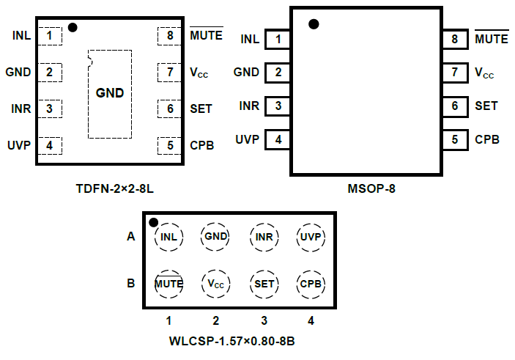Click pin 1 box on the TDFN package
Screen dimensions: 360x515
coord(50,35)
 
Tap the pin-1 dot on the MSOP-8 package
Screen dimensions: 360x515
coord(314,24)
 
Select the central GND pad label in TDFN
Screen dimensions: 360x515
coord(110,93)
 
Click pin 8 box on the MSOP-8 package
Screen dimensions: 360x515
coord(455,40)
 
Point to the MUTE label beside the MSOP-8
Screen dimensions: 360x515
coord(492,40)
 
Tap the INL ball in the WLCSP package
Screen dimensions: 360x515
coord(169,237)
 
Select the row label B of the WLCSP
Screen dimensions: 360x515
coord(131,283)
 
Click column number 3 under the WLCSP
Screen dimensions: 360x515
coord(264,320)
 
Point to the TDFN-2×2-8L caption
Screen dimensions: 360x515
coord(115,188)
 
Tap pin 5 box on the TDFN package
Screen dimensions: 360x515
coord(170,145)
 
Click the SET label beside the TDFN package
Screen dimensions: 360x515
coord(201,109)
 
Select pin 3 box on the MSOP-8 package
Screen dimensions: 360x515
coord(278,106)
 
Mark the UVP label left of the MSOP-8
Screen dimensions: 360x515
coord(247,139)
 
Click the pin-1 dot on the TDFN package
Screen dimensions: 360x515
coord(72,28)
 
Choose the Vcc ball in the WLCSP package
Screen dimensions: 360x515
coord(216,283)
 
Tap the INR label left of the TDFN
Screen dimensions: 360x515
coord(21,109)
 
